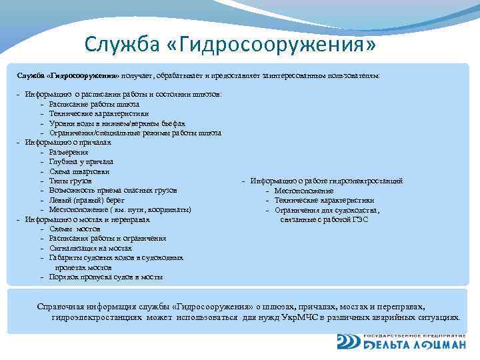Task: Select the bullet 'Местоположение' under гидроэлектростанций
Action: click(x=303, y=191)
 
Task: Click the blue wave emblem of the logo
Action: click(x=348, y=342)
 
